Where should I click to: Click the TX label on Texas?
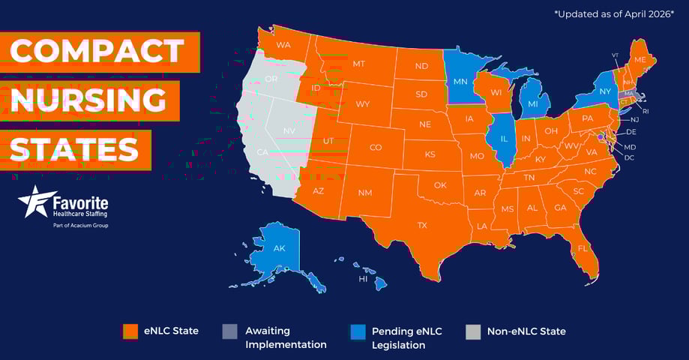422,225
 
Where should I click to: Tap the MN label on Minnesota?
460,81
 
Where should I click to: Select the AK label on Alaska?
279,248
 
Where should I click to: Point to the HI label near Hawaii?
363,279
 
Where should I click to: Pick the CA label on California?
262,152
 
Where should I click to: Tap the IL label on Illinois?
505,139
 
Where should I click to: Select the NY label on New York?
605,91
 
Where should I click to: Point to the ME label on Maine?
640,59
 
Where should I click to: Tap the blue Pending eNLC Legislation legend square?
358,331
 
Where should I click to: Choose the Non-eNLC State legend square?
473,331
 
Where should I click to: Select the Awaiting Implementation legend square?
230,331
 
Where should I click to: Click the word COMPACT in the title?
98,51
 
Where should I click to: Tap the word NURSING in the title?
89,100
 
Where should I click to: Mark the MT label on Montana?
358,64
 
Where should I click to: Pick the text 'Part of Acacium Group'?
80,225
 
